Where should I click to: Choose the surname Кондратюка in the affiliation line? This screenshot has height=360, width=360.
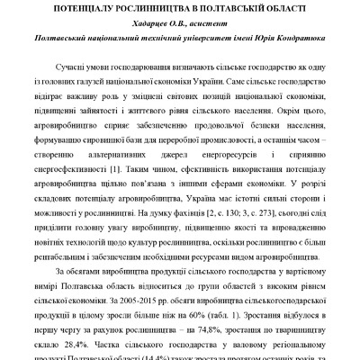294,42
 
